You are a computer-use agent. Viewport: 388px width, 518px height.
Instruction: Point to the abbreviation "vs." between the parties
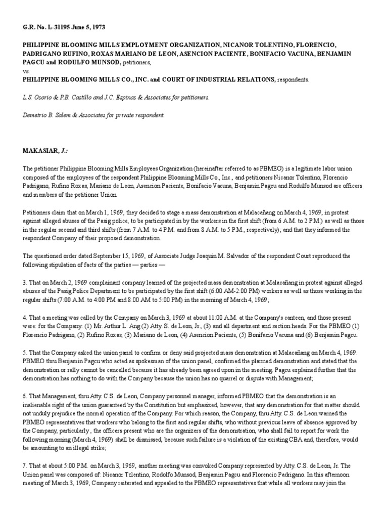point(26,71)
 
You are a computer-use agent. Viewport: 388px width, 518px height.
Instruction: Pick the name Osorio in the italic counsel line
point(43,97)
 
